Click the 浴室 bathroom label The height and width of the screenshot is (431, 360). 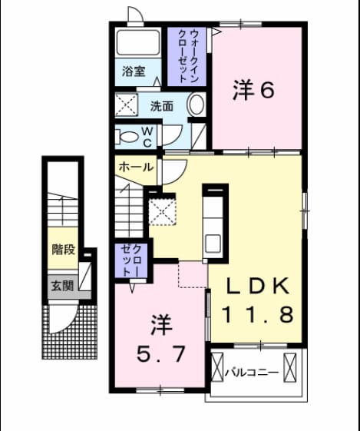click(x=134, y=71)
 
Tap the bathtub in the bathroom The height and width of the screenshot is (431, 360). click(x=138, y=42)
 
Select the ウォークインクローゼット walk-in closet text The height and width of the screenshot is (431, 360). click(x=188, y=56)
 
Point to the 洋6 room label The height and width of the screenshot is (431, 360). click(x=253, y=90)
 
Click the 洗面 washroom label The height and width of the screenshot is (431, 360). click(x=162, y=106)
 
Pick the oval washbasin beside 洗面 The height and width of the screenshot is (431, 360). click(x=197, y=104)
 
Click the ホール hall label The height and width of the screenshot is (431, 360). click(x=136, y=167)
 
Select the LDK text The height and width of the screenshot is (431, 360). click(x=257, y=286)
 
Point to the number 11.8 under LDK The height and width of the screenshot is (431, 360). click(x=258, y=314)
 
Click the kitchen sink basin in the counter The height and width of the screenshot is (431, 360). click(x=213, y=244)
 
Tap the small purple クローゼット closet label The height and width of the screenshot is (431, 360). click(x=132, y=260)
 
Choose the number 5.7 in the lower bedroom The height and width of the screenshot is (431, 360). click(x=161, y=354)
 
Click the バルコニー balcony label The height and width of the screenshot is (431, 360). click(x=252, y=373)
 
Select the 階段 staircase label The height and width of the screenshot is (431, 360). click(x=64, y=250)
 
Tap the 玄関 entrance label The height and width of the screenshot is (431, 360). click(x=63, y=287)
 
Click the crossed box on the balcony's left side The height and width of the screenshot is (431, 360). click(x=217, y=367)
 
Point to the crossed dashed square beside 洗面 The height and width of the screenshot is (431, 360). click(x=126, y=104)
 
